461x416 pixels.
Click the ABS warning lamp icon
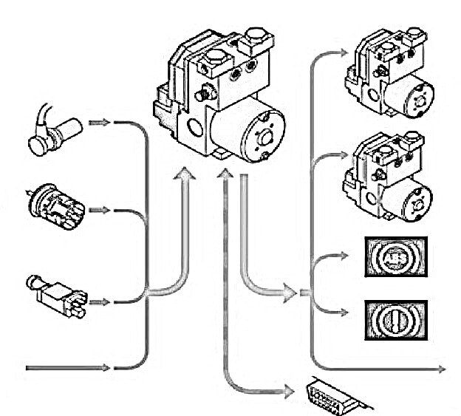tap(395, 257)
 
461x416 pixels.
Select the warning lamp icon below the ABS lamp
tap(395, 319)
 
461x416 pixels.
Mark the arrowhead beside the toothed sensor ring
tap(103, 211)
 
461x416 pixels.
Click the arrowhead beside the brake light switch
tap(103, 302)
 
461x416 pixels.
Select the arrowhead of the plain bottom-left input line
tap(104, 367)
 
